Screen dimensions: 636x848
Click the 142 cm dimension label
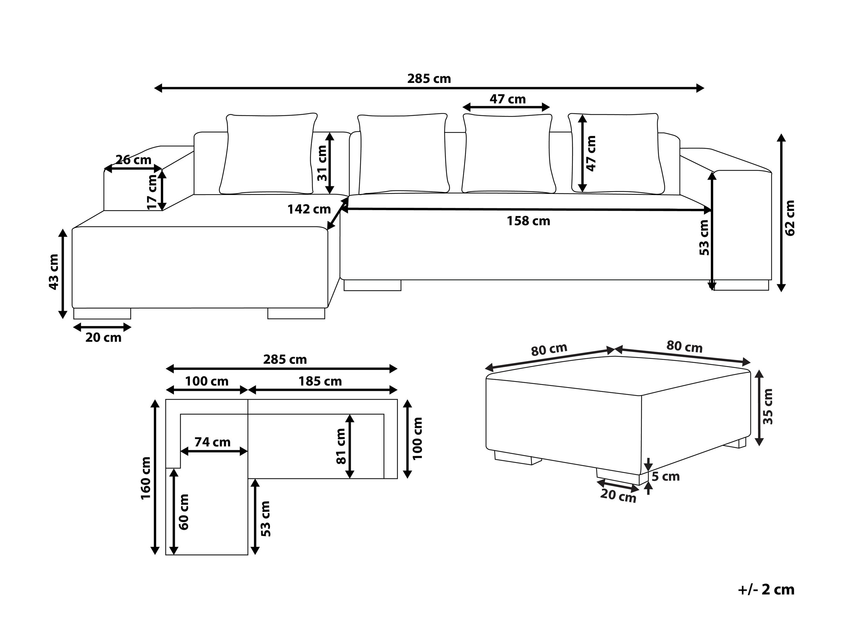pos(309,209)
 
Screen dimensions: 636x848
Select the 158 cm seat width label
pos(528,221)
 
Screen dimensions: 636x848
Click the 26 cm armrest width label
pos(133,160)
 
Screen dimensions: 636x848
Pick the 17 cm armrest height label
pos(152,192)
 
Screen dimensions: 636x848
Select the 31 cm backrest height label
pos(322,163)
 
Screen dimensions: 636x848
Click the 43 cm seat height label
pos(54,272)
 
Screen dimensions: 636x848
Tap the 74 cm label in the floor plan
pos(212,442)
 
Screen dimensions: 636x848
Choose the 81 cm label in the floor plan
pos(341,446)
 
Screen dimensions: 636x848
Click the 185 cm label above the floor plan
pos(320,381)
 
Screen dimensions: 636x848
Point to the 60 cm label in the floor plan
pos(184,512)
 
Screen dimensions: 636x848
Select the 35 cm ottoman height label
pos(768,407)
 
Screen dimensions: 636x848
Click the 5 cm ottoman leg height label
pos(665,477)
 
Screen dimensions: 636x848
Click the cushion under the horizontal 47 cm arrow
pos(508,153)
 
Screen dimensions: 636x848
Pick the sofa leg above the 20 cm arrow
pos(102,313)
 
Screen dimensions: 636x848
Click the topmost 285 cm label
pos(429,79)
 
